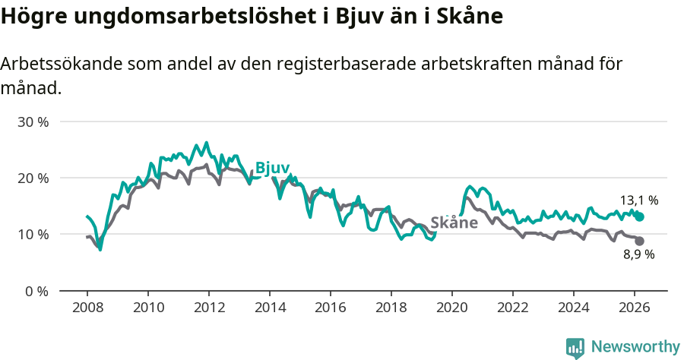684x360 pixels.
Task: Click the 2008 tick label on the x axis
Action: (x=87, y=308)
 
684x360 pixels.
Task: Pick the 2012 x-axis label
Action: (x=209, y=308)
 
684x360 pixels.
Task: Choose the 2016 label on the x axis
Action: (x=331, y=308)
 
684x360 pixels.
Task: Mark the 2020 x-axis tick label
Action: (x=452, y=308)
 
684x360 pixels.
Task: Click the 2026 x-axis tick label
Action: (x=635, y=308)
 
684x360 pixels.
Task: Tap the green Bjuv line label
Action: (x=272, y=168)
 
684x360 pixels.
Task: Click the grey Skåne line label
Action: (x=454, y=223)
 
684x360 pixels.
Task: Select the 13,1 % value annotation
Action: (x=638, y=201)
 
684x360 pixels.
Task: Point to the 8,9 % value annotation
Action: (x=638, y=254)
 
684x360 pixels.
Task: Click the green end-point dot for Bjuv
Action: (x=640, y=216)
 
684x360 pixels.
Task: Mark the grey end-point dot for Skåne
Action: (x=640, y=241)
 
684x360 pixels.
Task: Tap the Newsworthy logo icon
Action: (x=575, y=348)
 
